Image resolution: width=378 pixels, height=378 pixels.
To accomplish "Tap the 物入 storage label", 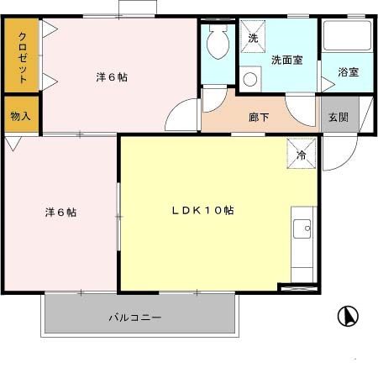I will click(x=20, y=117).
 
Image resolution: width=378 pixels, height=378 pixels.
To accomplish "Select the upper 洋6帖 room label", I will click(x=112, y=77).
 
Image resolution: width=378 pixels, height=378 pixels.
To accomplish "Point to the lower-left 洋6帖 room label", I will click(x=60, y=213).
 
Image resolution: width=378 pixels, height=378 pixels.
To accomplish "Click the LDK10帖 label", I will click(x=202, y=211).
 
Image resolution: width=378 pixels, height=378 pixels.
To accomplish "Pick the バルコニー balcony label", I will click(x=134, y=318).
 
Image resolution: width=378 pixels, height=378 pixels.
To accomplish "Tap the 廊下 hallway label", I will click(x=259, y=118).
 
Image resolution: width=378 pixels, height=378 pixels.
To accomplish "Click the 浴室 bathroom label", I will click(x=349, y=73).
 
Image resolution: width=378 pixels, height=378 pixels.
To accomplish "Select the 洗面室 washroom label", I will click(x=286, y=60).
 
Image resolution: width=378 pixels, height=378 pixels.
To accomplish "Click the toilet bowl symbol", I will click(x=218, y=42).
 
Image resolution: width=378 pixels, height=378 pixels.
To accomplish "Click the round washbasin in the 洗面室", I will click(x=249, y=80).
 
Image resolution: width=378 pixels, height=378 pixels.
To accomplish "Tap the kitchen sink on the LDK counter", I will click(x=302, y=228).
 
